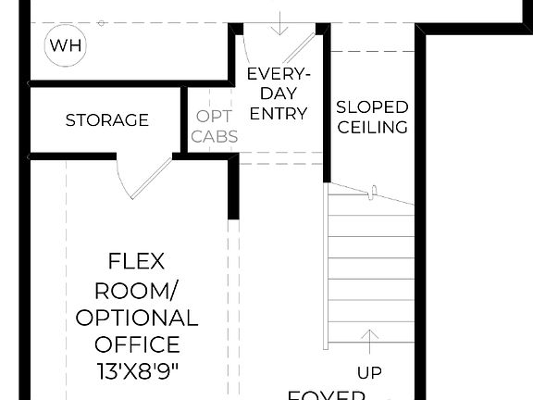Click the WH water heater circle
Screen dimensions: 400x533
[64, 45]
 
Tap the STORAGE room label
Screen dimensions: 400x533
[107, 120]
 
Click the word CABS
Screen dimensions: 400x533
[215, 136]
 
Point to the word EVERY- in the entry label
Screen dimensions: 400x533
[279, 75]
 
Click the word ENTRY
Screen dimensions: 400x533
[279, 114]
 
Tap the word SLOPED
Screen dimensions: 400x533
[372, 106]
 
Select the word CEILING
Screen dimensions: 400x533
[372, 127]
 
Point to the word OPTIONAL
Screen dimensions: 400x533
[136, 318]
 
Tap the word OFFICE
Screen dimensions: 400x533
[137, 345]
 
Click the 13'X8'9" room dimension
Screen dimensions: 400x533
[137, 374]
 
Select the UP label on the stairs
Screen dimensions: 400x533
[370, 372]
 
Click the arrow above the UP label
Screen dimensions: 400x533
[370, 339]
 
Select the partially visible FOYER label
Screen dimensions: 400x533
[326, 394]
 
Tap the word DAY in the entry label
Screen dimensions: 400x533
[279, 94]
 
